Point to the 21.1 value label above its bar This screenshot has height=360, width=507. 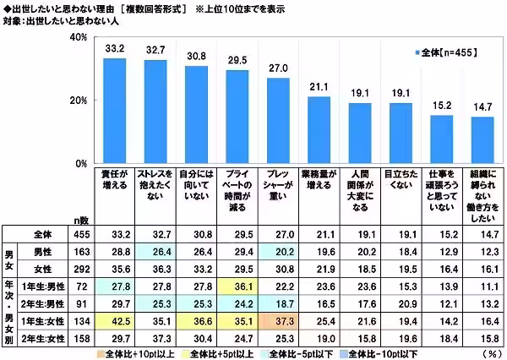point(319,87)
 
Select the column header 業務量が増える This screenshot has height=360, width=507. point(319,183)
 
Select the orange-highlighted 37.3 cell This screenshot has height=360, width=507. point(279,320)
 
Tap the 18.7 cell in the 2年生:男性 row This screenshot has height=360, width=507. point(279,303)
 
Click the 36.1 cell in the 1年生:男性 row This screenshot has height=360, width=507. point(237,286)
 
